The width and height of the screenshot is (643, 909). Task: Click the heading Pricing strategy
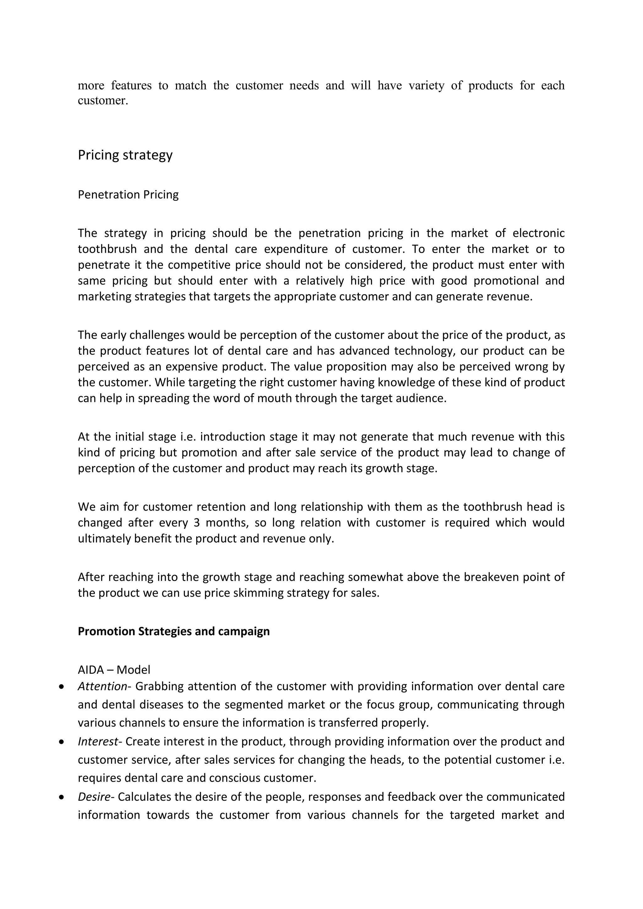coord(125,155)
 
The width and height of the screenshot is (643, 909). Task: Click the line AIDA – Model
coord(114,670)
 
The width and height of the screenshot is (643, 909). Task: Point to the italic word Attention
coord(102,686)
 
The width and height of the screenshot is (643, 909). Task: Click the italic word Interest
coord(98,741)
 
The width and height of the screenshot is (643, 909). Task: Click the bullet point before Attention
coord(61,687)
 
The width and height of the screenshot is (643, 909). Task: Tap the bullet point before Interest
coord(61,742)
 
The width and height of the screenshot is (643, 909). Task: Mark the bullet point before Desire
coord(61,797)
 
